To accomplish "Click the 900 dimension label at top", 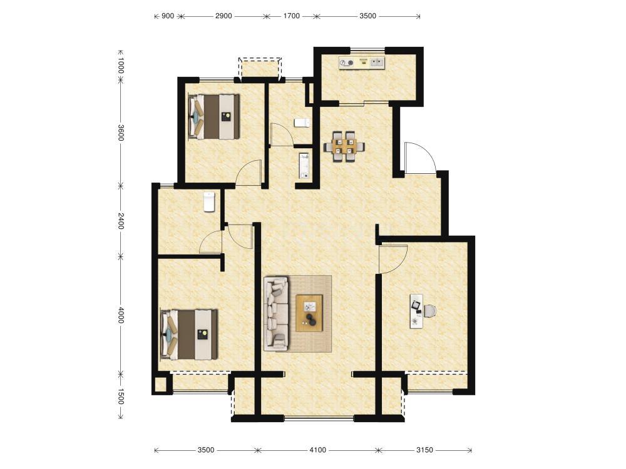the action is point(168,16).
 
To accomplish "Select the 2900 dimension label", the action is point(223,16).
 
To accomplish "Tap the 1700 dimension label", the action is point(292,16).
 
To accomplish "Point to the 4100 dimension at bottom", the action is point(318,450).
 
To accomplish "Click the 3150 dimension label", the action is point(424,450).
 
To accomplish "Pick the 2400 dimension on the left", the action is point(121,221).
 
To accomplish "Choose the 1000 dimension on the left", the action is point(121,66).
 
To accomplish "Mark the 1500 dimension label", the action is point(121,396).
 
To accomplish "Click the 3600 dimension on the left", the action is point(121,133).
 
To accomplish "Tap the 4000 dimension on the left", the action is point(121,315).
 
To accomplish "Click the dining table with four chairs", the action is point(344,146).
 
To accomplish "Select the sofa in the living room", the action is point(276,313).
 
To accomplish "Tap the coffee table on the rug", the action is point(309,313).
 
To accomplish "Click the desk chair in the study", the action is point(429,311).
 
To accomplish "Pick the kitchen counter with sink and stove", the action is point(362,63).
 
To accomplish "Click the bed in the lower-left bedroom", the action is point(189,334).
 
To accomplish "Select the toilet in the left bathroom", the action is point(209,202).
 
